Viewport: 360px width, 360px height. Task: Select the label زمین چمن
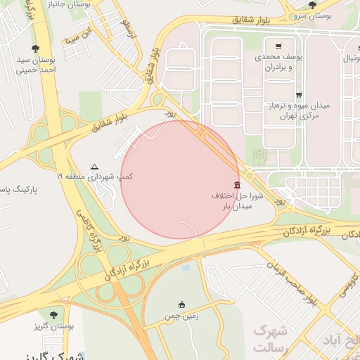(x=181, y=317)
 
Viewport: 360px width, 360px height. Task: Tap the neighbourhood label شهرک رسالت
(x=269, y=338)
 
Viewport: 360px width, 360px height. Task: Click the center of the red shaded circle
(x=181, y=179)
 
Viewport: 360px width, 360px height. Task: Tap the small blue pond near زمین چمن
(x=185, y=268)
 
